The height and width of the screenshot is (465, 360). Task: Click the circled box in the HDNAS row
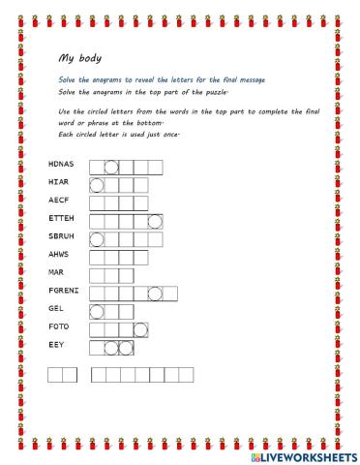click(111, 167)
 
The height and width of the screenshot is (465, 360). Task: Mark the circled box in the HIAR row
click(96, 184)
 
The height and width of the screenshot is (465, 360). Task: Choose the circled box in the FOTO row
click(140, 328)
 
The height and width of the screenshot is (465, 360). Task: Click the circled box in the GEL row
click(96, 310)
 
